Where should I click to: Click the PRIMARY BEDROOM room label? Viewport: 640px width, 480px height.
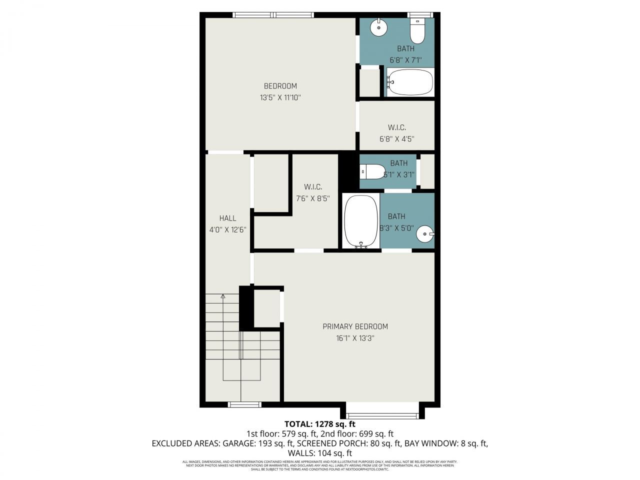click(355, 326)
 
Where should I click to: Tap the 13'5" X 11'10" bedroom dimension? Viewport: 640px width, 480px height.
click(280, 98)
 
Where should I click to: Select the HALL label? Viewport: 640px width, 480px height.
click(227, 218)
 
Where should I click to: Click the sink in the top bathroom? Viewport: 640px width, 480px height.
click(379, 27)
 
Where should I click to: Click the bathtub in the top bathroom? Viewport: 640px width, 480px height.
click(410, 82)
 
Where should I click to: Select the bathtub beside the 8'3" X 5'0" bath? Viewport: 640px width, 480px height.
click(361, 221)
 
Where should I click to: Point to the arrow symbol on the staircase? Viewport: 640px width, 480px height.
click(222, 297)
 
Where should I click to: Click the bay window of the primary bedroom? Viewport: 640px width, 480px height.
click(382, 414)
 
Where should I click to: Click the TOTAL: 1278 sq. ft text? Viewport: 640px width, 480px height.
click(320, 423)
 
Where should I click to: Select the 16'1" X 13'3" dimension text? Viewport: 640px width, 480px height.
click(355, 338)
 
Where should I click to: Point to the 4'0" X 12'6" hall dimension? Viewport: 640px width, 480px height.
click(227, 230)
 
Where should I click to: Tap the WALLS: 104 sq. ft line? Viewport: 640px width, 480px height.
click(320, 453)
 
